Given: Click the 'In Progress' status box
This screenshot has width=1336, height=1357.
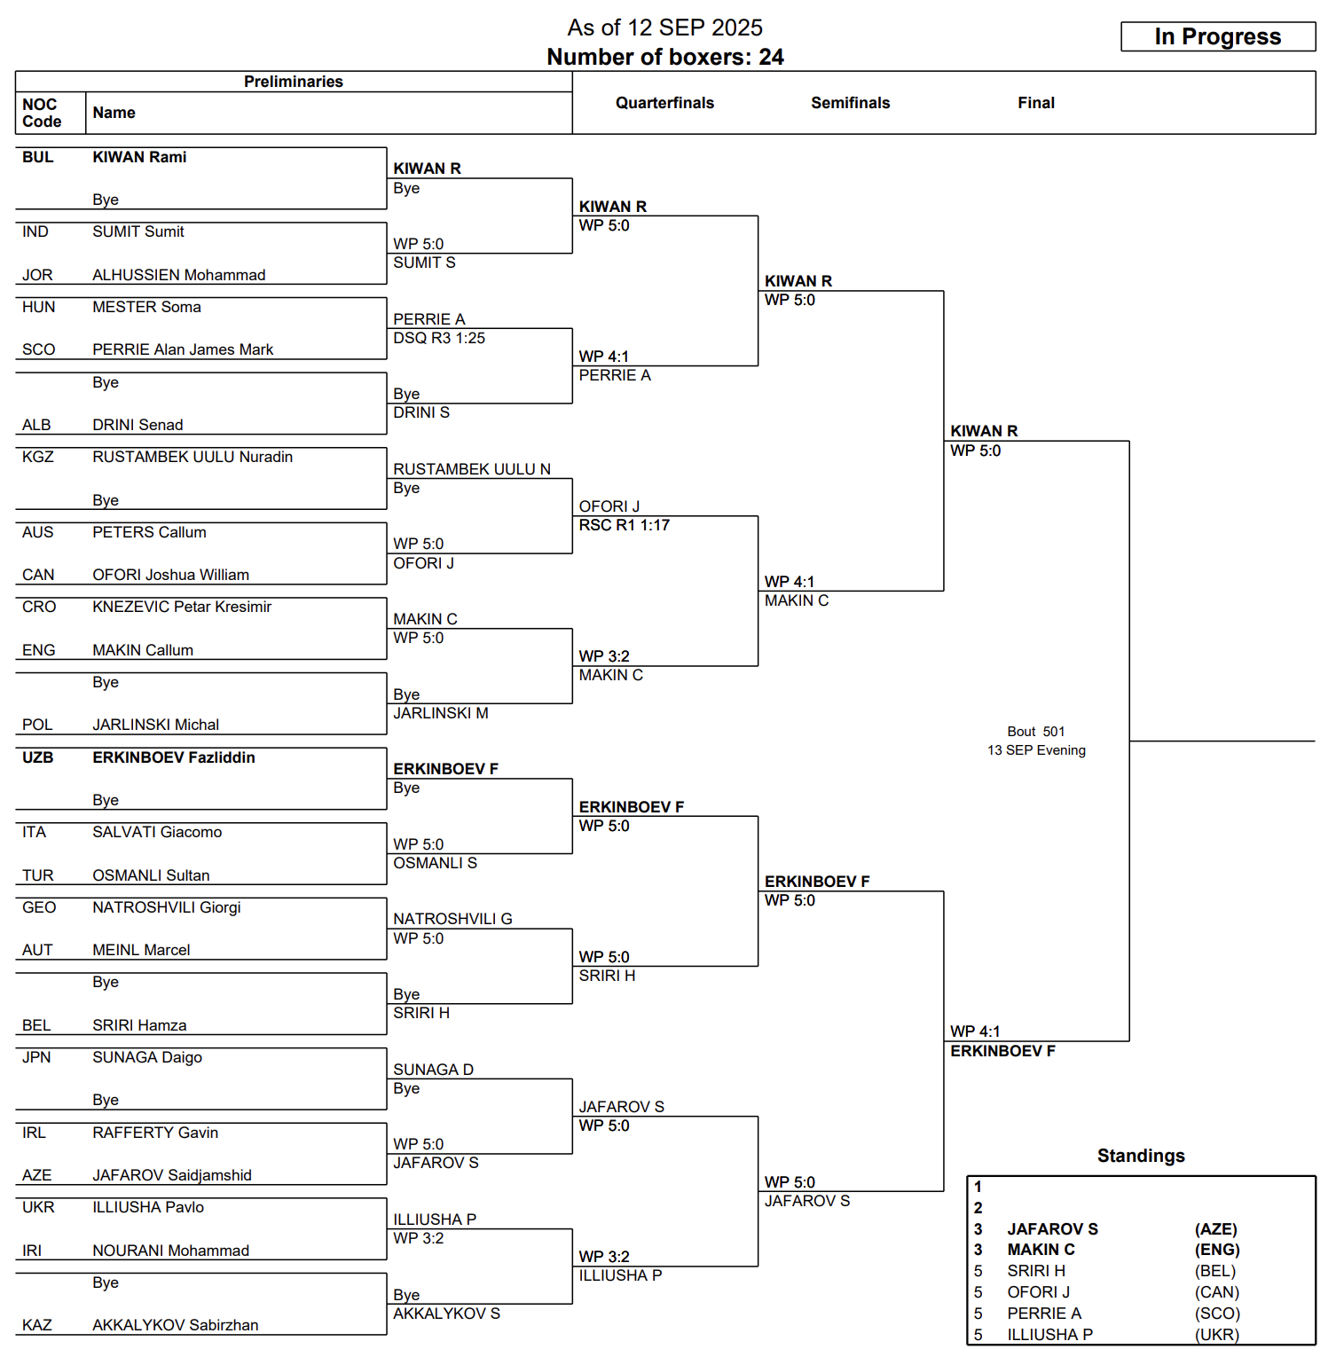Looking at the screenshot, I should (1217, 36).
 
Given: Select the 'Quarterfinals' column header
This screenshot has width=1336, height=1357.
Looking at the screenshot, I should (664, 103).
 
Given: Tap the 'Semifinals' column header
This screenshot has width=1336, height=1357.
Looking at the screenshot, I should (850, 103).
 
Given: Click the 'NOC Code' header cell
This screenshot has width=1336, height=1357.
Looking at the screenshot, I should (42, 113).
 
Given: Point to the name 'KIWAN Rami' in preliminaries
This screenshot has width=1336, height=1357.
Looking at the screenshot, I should (139, 157).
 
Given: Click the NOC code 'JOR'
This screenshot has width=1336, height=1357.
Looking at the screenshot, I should (37, 275).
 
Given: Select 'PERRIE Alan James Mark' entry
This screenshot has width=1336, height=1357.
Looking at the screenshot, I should (183, 349).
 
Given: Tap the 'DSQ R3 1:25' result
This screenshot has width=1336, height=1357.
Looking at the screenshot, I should (439, 338).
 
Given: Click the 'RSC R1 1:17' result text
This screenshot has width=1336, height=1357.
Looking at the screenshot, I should (624, 525).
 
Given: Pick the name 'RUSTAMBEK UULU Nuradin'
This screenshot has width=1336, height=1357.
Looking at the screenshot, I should (193, 457).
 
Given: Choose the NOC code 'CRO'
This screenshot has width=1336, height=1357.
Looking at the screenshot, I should (39, 607).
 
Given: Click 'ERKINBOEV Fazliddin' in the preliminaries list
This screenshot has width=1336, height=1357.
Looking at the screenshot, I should (174, 757).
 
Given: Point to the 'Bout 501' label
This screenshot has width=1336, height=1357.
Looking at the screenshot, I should (1035, 732).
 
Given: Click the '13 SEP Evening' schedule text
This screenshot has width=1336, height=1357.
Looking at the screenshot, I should (1036, 750).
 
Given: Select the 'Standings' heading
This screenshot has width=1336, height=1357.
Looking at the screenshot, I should (1141, 1156).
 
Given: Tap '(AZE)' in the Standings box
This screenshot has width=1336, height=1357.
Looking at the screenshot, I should (1215, 1229).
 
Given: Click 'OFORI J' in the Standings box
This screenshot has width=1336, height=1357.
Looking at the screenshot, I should (1038, 1292).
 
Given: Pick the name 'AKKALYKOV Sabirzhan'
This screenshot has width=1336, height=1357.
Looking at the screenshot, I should (176, 1325).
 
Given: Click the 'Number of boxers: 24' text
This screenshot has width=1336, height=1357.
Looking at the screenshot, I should (664, 57).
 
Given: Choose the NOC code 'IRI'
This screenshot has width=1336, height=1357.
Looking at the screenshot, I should (32, 1251).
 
